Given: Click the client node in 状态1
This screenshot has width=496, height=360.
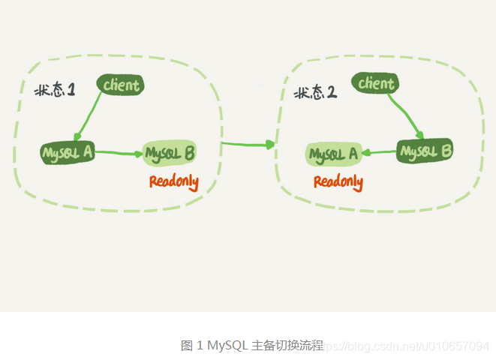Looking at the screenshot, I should point(121,85).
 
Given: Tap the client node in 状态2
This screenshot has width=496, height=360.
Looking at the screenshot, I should point(375,83).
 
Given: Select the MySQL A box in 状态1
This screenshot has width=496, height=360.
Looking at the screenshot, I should point(68,153).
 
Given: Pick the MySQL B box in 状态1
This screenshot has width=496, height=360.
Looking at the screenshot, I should point(170,153).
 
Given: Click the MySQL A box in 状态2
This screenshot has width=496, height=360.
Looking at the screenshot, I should point(333,154).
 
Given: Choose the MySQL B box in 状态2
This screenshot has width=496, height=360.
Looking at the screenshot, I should point(425,151).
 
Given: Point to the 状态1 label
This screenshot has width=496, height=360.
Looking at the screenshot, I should point(55,90).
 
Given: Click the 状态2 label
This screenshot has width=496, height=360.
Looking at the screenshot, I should point(314,93).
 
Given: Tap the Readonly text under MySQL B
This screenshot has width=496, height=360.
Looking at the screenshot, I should point(173,181).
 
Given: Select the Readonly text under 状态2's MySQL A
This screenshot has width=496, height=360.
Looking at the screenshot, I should point(338,181).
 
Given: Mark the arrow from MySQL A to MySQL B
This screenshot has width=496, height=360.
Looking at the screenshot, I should point(119,154).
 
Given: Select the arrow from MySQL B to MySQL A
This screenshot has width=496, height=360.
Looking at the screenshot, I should point(379,153).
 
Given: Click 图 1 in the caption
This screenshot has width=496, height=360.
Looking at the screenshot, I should point(192,346).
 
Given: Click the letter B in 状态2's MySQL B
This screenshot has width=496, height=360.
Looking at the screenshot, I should point(446,150).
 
